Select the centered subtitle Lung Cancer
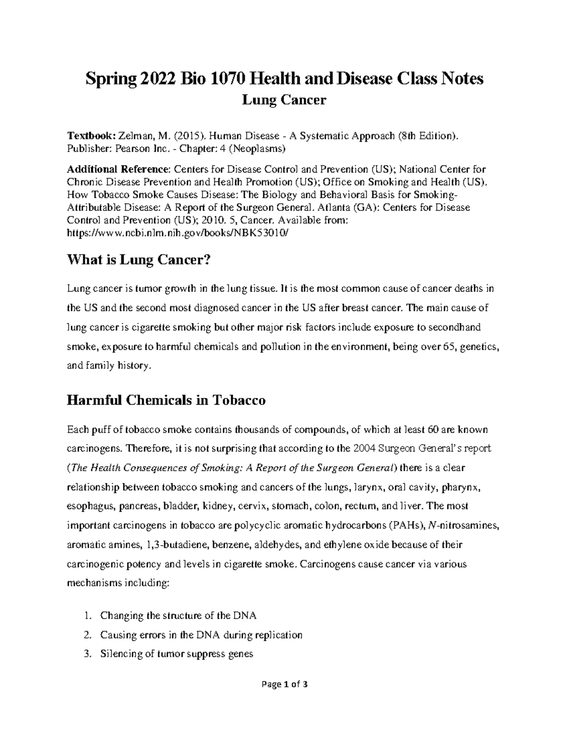pyautogui.click(x=284, y=100)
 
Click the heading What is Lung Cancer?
pyautogui.click(x=138, y=260)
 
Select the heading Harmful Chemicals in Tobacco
pyautogui.click(x=166, y=400)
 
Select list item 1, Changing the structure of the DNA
pyautogui.click(x=178, y=616)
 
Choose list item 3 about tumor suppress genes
pyautogui.click(x=176, y=654)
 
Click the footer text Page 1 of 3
pyautogui.click(x=284, y=698)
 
